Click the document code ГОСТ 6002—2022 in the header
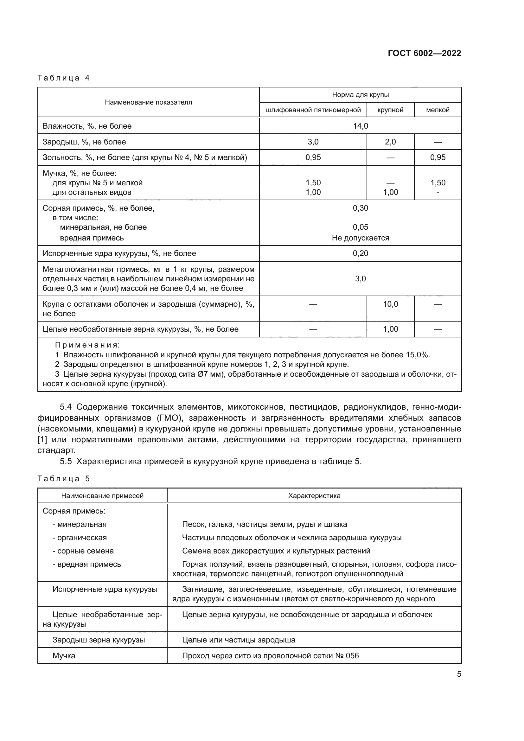[x=424, y=53]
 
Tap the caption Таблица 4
[x=64, y=78]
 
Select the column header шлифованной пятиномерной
[x=313, y=110]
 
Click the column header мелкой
[x=438, y=110]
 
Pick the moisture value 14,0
[x=361, y=126]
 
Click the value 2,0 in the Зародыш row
[x=390, y=142]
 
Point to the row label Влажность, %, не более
[x=87, y=126]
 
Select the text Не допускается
[x=361, y=238]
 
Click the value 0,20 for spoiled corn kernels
[x=361, y=253]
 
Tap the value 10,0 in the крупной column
[x=390, y=304]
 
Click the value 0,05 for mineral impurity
[x=361, y=227]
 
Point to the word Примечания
[x=87, y=345]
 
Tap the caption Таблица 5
[x=64, y=479]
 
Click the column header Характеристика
[x=314, y=496]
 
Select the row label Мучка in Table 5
[x=64, y=656]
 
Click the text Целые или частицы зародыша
[x=239, y=640]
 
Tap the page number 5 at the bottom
[x=459, y=674]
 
